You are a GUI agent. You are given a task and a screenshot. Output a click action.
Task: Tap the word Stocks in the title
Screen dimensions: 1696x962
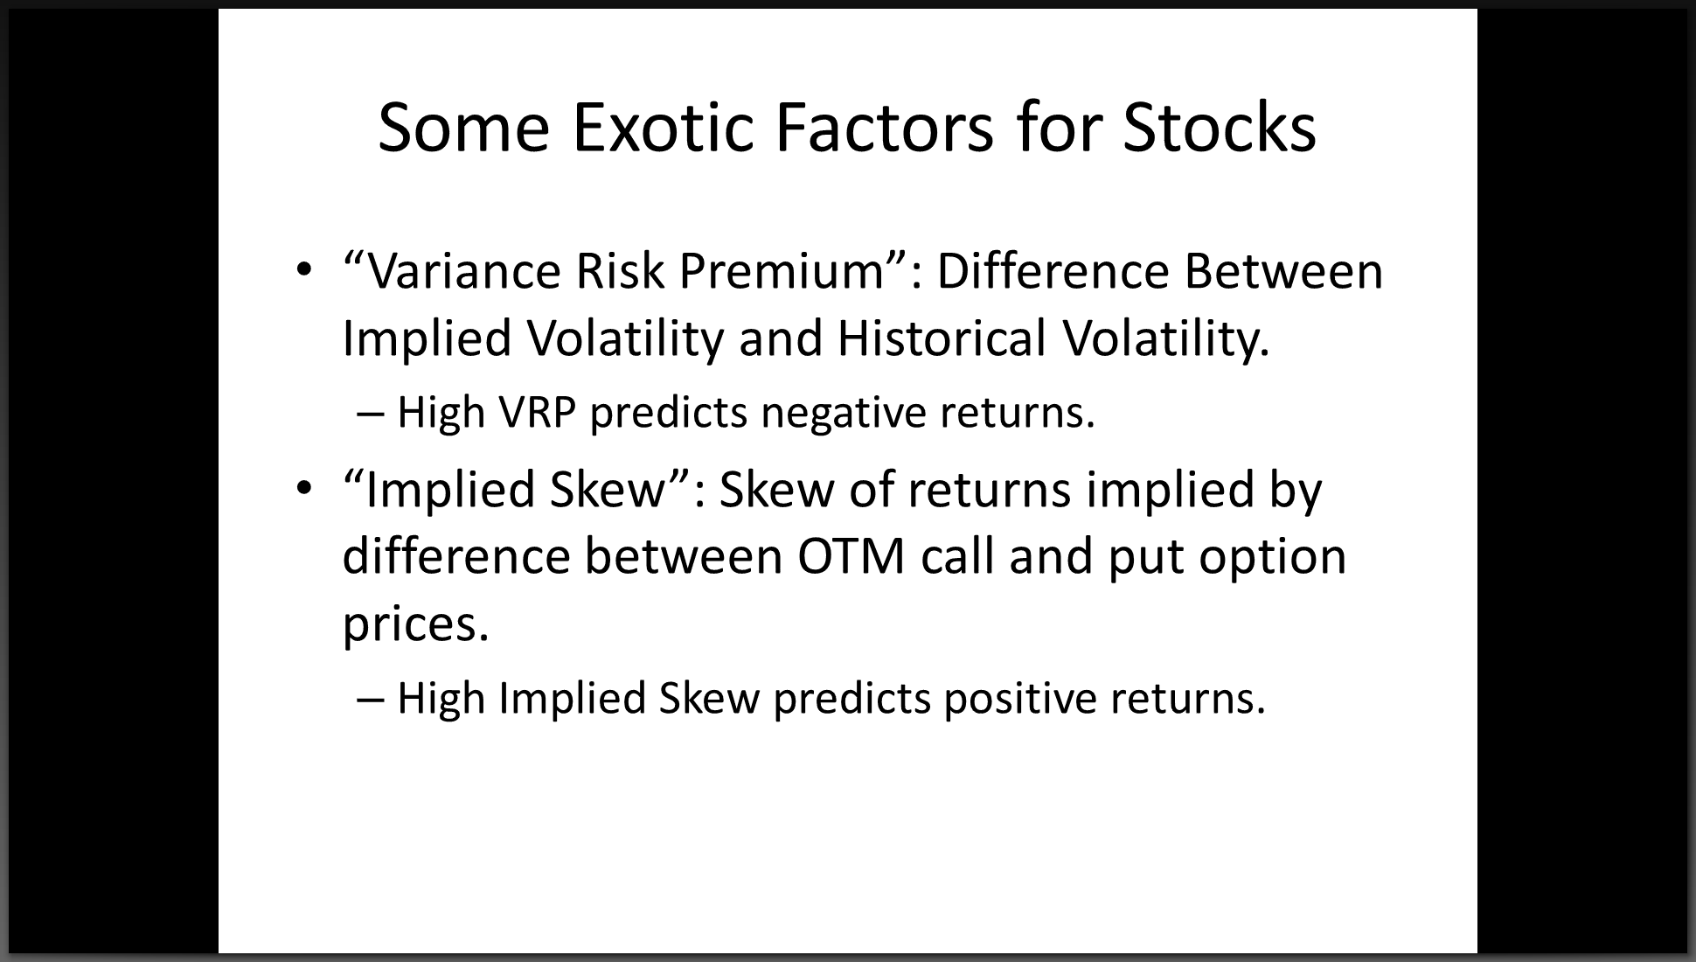tap(1219, 128)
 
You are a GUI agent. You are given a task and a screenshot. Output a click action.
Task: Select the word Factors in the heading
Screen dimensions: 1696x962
tap(884, 128)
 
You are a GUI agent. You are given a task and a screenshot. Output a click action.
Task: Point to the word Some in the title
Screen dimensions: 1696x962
tap(463, 128)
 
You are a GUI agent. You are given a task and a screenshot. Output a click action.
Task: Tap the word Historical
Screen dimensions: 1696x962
tap(942, 338)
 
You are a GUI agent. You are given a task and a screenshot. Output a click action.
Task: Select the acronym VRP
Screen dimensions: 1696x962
tap(537, 413)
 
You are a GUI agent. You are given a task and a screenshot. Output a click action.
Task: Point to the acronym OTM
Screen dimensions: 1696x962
tap(851, 557)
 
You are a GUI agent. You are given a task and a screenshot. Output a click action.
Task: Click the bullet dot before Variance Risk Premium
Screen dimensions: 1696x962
tap(302, 270)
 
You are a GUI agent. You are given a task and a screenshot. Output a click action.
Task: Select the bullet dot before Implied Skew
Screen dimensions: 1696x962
tap(302, 488)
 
